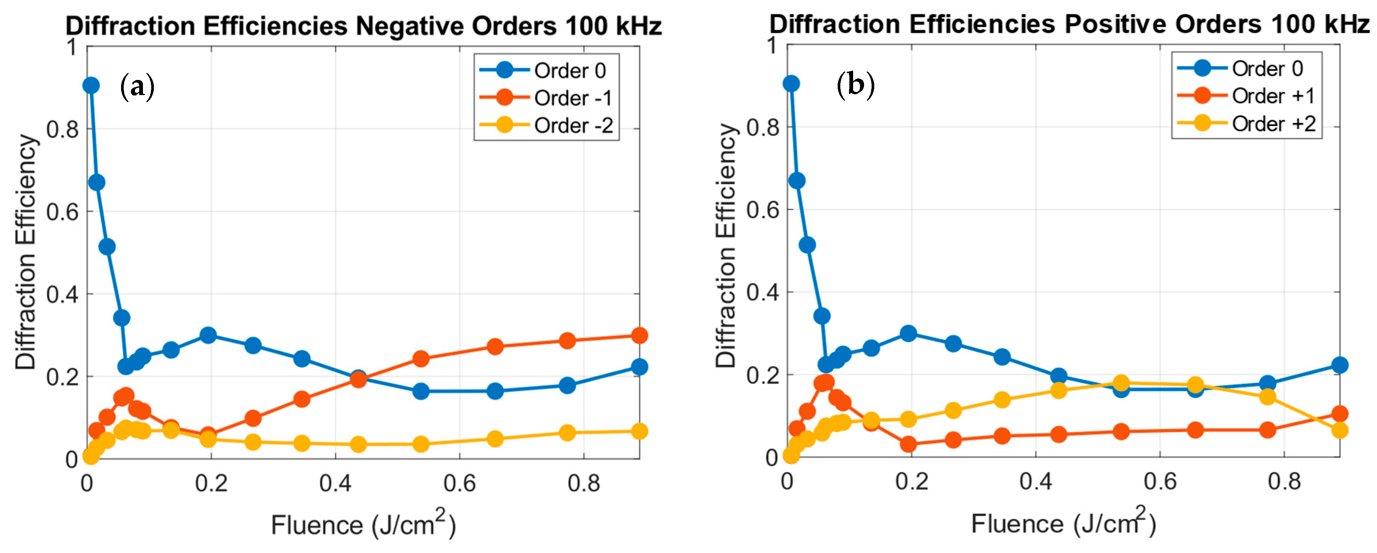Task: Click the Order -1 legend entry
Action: point(572,98)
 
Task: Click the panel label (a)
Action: point(137,87)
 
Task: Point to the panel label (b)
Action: point(855,84)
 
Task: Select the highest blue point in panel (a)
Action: point(91,85)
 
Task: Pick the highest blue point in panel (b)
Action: point(791,83)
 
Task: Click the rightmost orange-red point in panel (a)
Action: point(639,335)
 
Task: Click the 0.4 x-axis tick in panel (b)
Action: point(1035,482)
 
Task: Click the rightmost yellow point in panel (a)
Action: point(639,431)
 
